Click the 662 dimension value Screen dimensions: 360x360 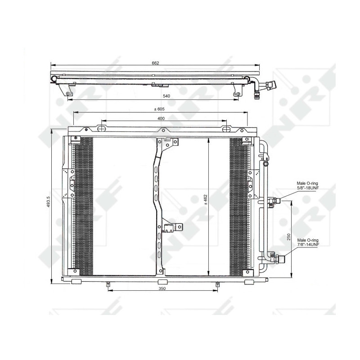155,63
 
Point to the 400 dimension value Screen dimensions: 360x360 161,118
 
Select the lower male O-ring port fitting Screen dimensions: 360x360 279,258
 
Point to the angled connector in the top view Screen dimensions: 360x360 270,85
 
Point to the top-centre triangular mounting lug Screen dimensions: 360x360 162,131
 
